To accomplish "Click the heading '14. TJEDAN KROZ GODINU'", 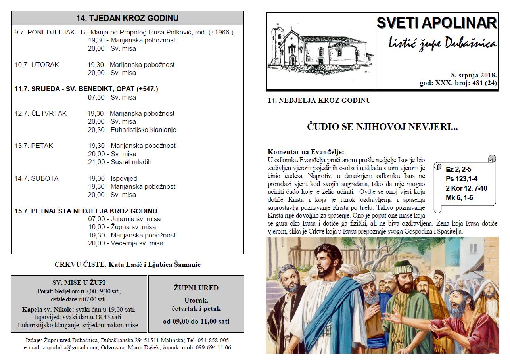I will (127, 18).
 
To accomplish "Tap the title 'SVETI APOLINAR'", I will (437, 23).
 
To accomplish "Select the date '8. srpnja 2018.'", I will (474, 75).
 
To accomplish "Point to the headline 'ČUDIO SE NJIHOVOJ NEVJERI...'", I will (382, 127).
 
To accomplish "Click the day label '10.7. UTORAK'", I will (37, 65).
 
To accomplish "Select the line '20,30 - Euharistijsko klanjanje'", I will (132, 130).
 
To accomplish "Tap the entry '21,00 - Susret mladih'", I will (119, 162).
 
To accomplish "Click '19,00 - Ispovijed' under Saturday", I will (112, 178).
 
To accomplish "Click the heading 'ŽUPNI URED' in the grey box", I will (196, 288).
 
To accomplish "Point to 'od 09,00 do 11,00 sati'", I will (196, 321).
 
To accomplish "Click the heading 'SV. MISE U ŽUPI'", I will (79, 282).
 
